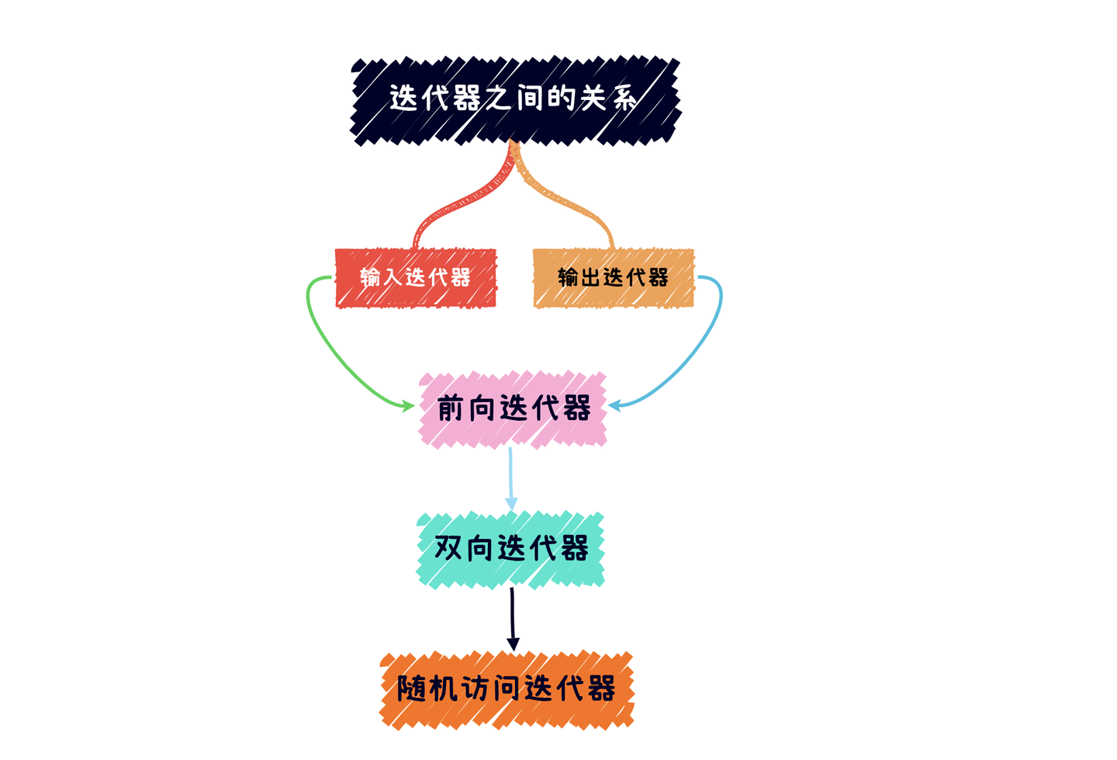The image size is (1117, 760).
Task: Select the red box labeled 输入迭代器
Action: (416, 278)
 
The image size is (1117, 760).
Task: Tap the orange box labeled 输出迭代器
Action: (614, 278)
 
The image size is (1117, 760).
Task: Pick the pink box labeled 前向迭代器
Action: (513, 409)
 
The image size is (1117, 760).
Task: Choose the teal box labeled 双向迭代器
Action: (510, 548)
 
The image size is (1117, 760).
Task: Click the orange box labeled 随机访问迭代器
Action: (507, 689)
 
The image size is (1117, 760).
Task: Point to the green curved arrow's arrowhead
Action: (408, 405)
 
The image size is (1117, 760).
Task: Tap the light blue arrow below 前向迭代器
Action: (510, 477)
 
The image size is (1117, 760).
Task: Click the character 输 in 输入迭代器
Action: (371, 277)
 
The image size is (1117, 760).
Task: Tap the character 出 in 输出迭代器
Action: (591, 277)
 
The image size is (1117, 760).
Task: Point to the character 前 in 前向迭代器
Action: (451, 408)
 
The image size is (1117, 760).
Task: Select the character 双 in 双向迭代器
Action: (448, 547)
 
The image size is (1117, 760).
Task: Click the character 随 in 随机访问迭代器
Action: (411, 689)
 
